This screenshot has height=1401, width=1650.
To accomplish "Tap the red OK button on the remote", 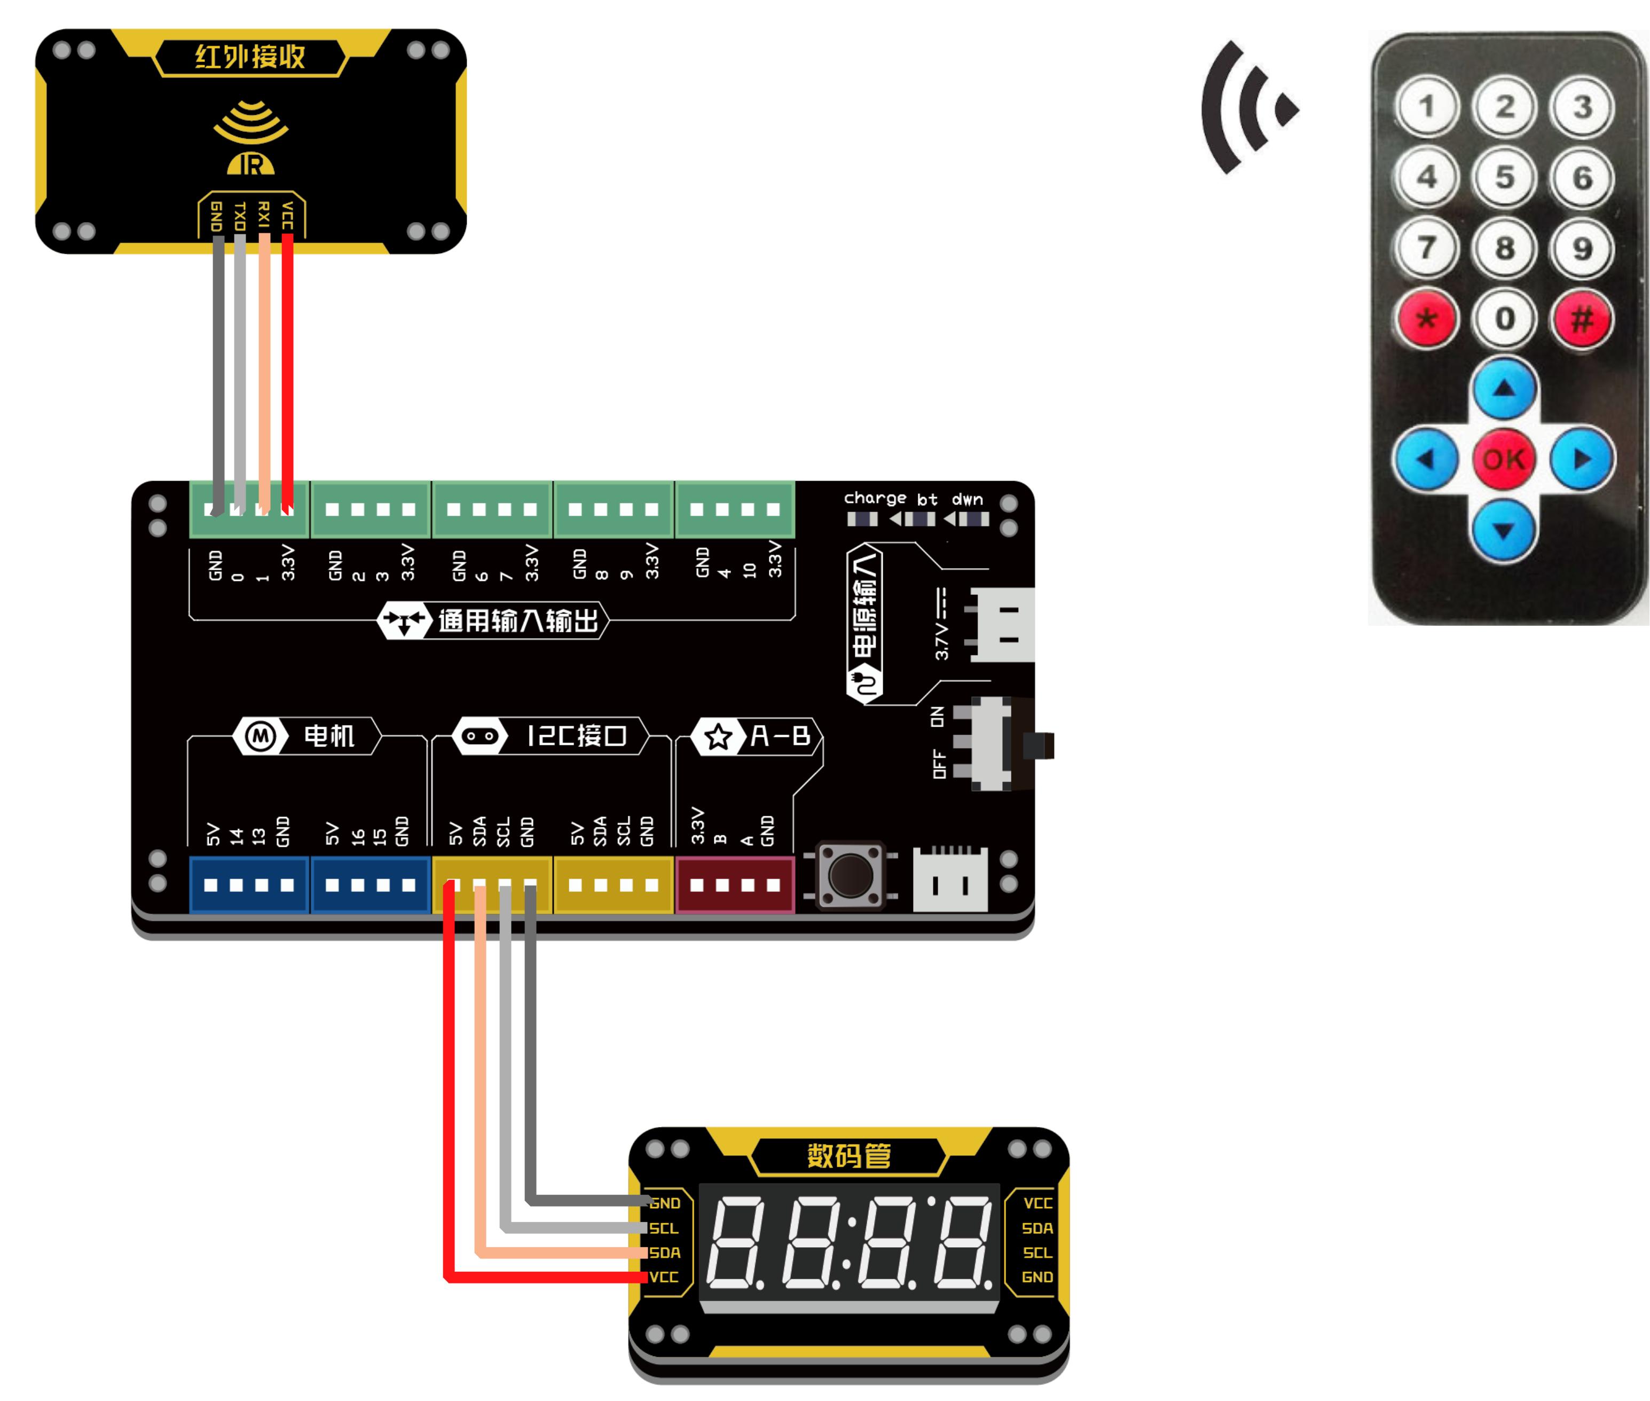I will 1503,459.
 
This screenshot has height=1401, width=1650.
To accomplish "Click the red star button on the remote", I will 1427,319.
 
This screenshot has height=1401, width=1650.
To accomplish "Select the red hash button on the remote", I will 1582,319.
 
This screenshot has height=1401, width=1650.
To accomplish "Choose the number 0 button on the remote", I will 1505,319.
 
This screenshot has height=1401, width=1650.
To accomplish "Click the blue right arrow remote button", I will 1582,459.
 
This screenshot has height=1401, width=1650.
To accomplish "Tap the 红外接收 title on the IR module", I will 250,57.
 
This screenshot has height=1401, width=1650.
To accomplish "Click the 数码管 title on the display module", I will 848,1155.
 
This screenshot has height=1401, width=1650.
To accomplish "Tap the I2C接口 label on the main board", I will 576,736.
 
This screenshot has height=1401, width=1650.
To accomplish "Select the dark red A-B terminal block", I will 735,885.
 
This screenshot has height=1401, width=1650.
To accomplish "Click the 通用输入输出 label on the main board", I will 518,620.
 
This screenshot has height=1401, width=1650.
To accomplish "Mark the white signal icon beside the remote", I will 1250,114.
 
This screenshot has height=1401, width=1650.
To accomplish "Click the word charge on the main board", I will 875,498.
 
